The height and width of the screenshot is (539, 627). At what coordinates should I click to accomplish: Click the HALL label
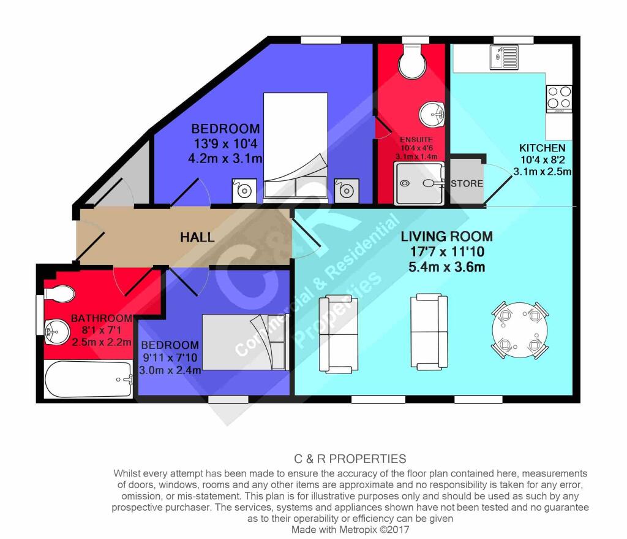tap(197, 237)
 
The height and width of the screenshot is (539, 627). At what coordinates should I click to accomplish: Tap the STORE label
tap(467, 183)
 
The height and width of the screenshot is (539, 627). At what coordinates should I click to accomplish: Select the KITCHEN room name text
tap(543, 147)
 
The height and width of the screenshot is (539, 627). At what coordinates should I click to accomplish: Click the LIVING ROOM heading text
tap(446, 236)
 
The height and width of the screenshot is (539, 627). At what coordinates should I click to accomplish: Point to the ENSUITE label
tap(416, 140)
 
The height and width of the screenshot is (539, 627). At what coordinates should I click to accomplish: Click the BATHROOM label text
tap(101, 318)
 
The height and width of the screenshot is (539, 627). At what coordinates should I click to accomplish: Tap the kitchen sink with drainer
tap(504, 57)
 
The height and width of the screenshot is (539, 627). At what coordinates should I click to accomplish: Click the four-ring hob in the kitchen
tap(559, 99)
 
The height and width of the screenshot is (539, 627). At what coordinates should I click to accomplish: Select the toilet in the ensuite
tap(413, 61)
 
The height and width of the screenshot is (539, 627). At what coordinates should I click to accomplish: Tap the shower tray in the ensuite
tap(419, 183)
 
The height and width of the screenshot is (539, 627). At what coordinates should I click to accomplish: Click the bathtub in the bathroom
tap(88, 379)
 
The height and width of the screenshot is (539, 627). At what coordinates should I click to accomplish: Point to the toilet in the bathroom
tap(58, 293)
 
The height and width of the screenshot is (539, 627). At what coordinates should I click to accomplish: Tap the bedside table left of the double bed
tap(244, 191)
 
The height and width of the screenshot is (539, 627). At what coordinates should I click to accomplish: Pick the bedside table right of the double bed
tap(347, 191)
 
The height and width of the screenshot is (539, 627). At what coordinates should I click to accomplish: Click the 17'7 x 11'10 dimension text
tap(447, 251)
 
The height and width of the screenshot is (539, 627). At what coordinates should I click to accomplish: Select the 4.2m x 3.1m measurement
tap(225, 158)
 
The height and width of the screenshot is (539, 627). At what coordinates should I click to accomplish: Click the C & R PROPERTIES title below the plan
tap(350, 459)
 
